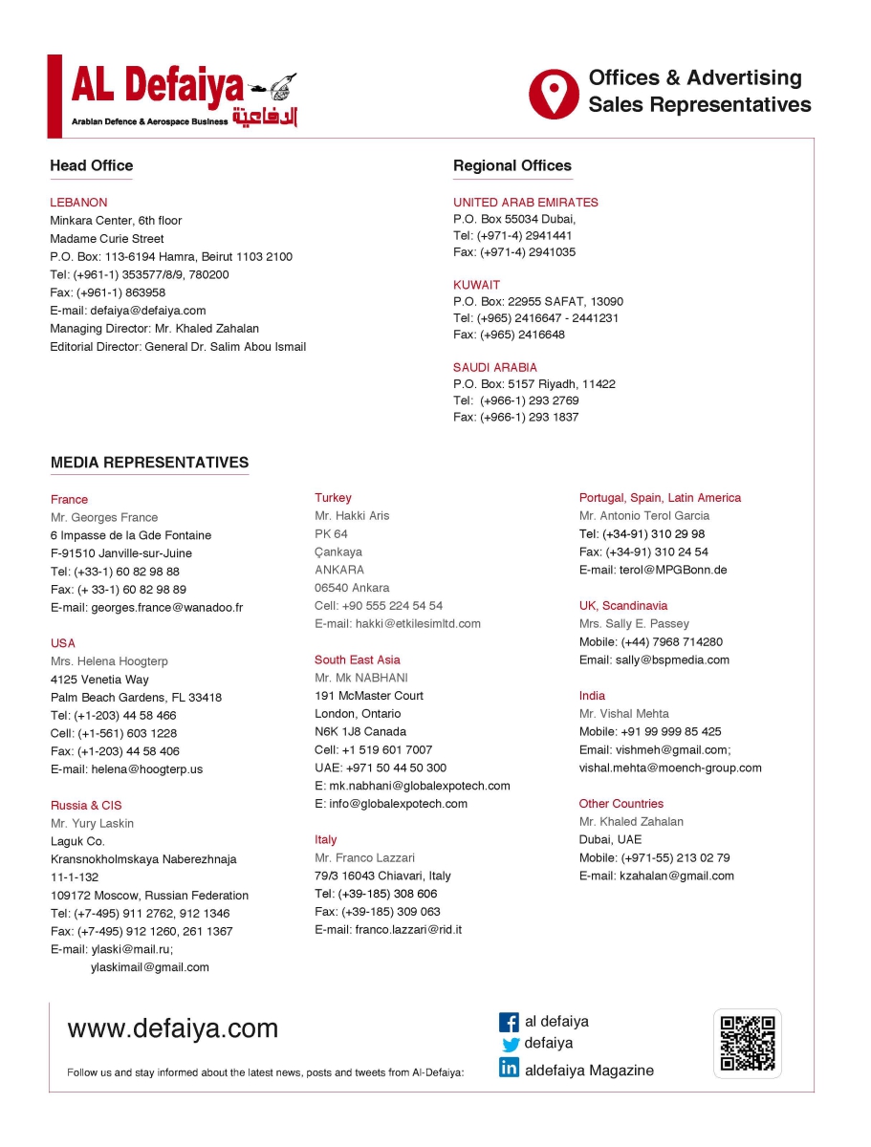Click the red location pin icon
click(554, 93)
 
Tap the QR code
click(747, 1043)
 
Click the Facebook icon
click(510, 1022)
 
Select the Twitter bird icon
click(511, 1045)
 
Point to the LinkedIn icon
click(510, 1069)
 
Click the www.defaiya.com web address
click(172, 1028)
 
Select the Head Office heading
click(91, 165)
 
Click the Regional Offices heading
click(512, 165)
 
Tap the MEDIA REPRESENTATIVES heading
click(149, 463)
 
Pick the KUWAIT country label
click(476, 285)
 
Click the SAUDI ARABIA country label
click(494, 367)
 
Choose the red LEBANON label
click(78, 203)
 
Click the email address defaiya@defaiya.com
click(148, 311)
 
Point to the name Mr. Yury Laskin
click(92, 823)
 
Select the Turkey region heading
click(333, 498)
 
